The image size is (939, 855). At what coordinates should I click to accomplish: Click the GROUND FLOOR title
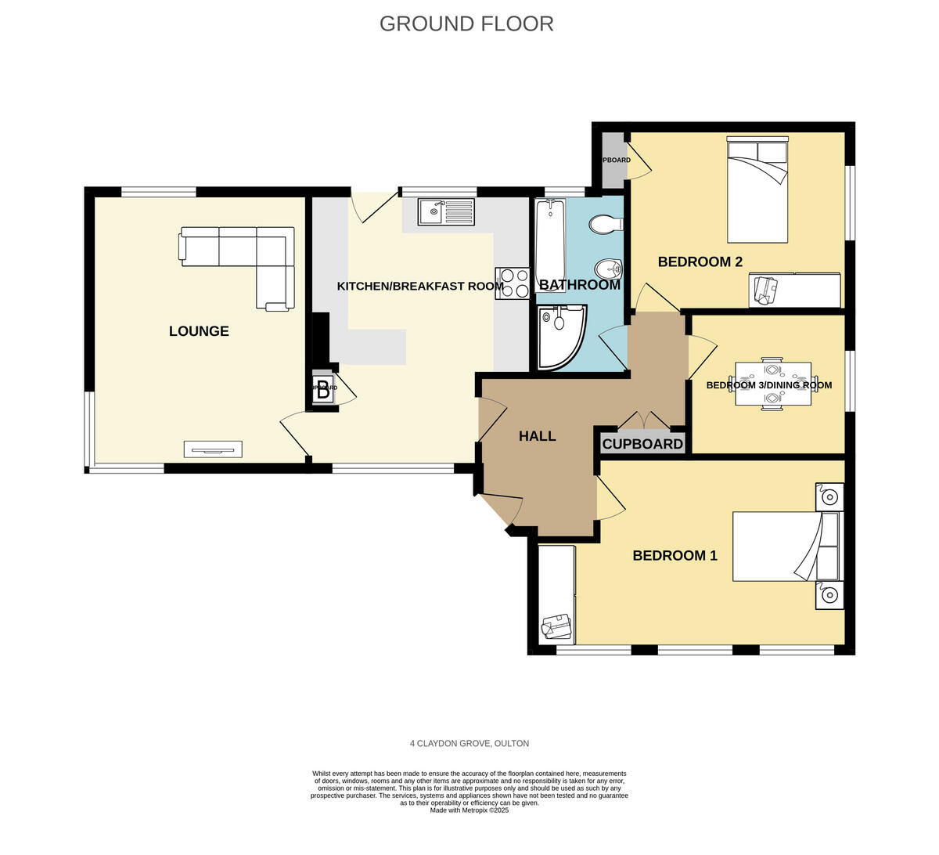coord(466,23)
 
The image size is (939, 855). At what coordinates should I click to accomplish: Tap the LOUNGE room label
coord(199,331)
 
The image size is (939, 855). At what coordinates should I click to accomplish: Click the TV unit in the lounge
coord(213,449)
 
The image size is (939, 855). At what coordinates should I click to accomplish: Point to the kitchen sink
coord(445,211)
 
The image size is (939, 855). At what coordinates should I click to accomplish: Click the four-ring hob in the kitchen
coord(513,283)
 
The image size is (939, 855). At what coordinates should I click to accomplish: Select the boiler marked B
coord(323,389)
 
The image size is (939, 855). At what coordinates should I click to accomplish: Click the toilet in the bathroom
coord(606,225)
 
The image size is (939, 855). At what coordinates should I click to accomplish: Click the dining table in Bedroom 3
coord(772,384)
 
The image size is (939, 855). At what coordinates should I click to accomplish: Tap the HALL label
coord(538,436)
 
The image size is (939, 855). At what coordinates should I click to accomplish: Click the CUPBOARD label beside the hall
coord(642,445)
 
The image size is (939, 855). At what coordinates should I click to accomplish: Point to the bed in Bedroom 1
coord(785,547)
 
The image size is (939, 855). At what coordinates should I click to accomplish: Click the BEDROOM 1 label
coord(675,556)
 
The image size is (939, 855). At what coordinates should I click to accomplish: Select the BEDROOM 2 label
coord(700,262)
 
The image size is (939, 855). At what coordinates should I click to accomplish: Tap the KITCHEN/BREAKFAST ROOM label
coord(420,287)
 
